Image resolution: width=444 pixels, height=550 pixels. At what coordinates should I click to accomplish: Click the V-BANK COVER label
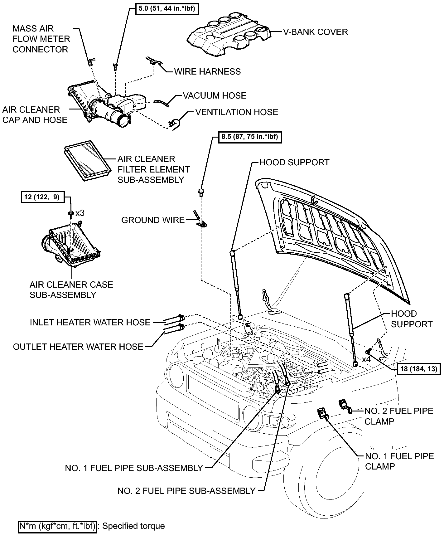(x=315, y=32)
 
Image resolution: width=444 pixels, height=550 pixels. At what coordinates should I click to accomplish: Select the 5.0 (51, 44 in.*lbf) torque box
(x=167, y=9)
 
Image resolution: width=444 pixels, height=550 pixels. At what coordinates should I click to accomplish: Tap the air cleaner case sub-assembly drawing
(x=70, y=244)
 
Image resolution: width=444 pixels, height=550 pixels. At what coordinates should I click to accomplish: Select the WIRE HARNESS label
(x=207, y=72)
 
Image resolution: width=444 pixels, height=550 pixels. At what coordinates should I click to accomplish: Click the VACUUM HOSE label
(x=215, y=96)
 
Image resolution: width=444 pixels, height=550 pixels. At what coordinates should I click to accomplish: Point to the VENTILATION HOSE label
(x=237, y=112)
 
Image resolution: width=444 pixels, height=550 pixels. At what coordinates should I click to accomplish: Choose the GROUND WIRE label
(x=153, y=220)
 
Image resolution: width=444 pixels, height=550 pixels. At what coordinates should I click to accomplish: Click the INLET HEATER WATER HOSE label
(x=90, y=323)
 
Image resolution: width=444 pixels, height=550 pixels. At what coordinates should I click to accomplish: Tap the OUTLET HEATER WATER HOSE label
(x=78, y=347)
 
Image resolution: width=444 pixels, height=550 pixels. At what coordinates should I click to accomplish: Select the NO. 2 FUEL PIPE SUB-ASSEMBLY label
(x=186, y=491)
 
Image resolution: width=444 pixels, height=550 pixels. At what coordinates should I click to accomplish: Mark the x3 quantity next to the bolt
(x=80, y=213)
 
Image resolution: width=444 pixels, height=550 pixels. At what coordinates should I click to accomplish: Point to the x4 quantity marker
(x=366, y=359)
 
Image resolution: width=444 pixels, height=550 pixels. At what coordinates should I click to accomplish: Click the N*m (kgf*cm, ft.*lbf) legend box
(x=57, y=526)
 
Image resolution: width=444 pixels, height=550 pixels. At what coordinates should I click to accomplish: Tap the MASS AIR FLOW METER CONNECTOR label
(x=41, y=39)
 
